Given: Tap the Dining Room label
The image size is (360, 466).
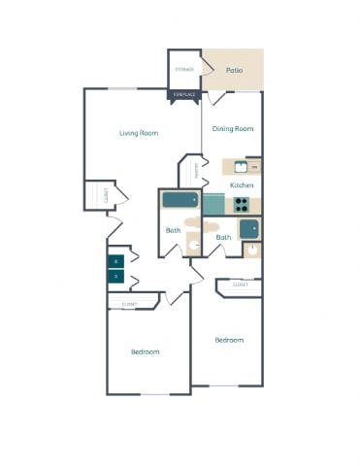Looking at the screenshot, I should (x=233, y=128).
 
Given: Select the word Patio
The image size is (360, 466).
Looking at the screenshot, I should (x=234, y=71).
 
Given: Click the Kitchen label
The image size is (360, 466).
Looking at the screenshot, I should (x=242, y=184).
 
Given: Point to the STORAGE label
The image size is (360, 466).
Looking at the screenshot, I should (x=183, y=70).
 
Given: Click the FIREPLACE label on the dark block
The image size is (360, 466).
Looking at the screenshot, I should (x=183, y=94).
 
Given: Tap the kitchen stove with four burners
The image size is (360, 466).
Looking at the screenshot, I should (x=240, y=204).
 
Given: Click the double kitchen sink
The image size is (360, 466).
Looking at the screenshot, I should (x=242, y=166).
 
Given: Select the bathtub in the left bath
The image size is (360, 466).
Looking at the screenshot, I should (x=179, y=201).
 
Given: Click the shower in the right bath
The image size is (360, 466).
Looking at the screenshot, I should (x=249, y=229).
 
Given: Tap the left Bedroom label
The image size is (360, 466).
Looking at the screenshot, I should (x=145, y=351).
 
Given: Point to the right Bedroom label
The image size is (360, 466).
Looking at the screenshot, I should (x=229, y=340).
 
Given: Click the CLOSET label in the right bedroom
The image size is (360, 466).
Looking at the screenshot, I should (x=240, y=284).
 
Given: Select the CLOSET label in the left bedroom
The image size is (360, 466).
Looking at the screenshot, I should (x=128, y=305).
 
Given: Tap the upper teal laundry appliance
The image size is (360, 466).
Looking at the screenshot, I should (x=115, y=261).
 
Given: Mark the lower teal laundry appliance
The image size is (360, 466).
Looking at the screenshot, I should (x=115, y=277).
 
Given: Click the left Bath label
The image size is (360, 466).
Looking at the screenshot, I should (x=173, y=230).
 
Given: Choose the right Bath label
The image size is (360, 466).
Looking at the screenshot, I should (x=223, y=237).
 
